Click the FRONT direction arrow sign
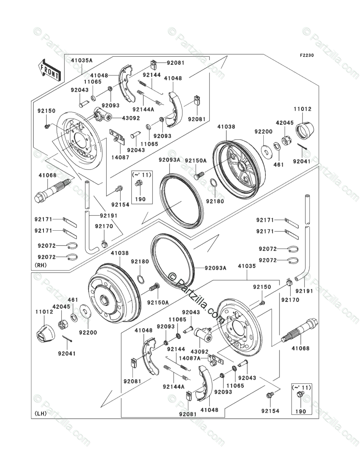50,69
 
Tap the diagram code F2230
306,56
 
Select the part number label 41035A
82,60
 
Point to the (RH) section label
41,265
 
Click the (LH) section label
41,413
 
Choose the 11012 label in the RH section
302,109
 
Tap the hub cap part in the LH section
44,332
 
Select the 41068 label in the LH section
301,348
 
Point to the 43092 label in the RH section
131,118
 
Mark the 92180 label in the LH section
140,262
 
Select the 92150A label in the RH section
196,161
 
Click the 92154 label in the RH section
120,205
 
